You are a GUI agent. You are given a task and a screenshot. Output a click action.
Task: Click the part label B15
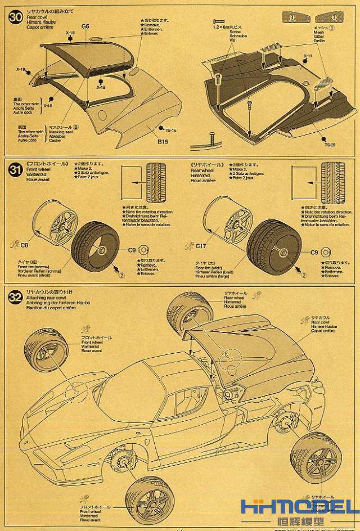coord(163,141)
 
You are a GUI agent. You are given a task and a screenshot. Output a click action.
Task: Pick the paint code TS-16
coord(171,130)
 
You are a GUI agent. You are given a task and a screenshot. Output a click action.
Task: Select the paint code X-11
coord(307,56)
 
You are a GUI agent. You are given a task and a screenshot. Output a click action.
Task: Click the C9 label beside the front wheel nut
coord(132,250)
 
